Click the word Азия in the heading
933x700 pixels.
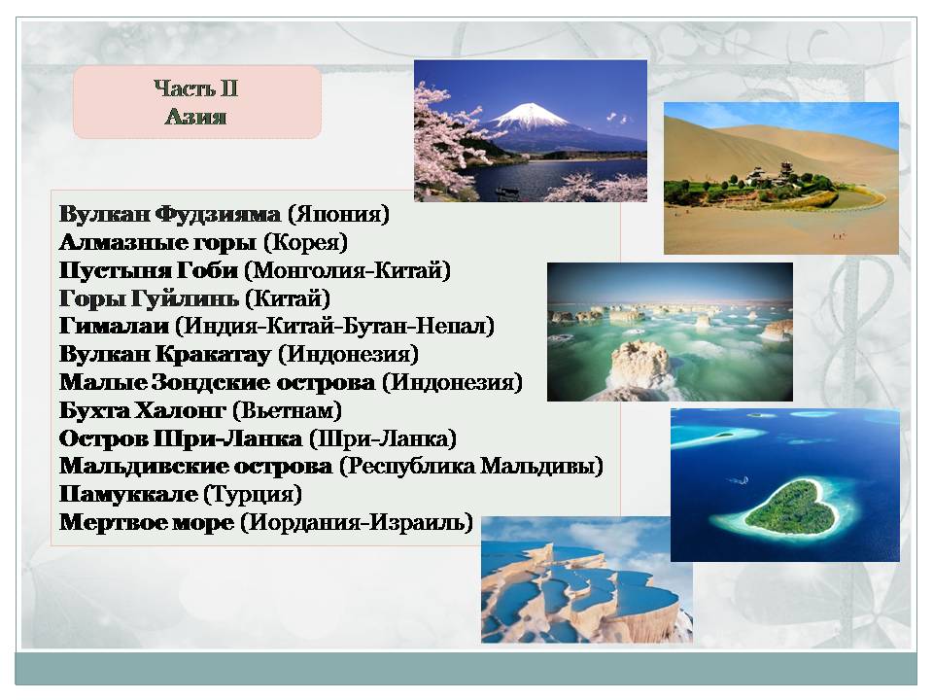click(195, 116)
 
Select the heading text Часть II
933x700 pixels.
click(195, 88)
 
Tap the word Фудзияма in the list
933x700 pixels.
click(218, 214)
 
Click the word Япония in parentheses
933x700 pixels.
click(338, 214)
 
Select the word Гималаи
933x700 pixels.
click(115, 327)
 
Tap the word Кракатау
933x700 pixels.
click(214, 355)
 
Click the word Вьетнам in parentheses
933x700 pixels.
click(287, 410)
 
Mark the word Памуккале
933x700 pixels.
click(128, 494)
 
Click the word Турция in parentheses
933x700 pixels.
click(253, 495)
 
